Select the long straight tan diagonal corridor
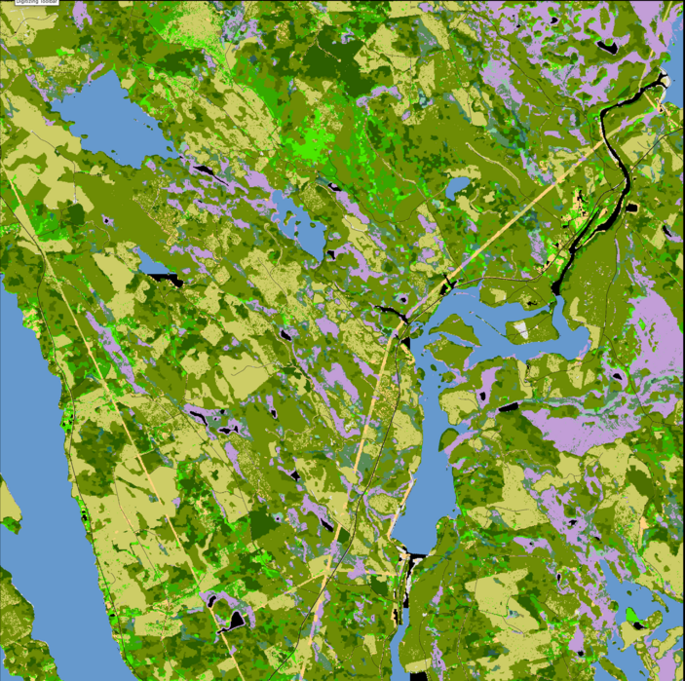click(507, 224)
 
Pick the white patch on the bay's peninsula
click(524, 330)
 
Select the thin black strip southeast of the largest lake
click(207, 171)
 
